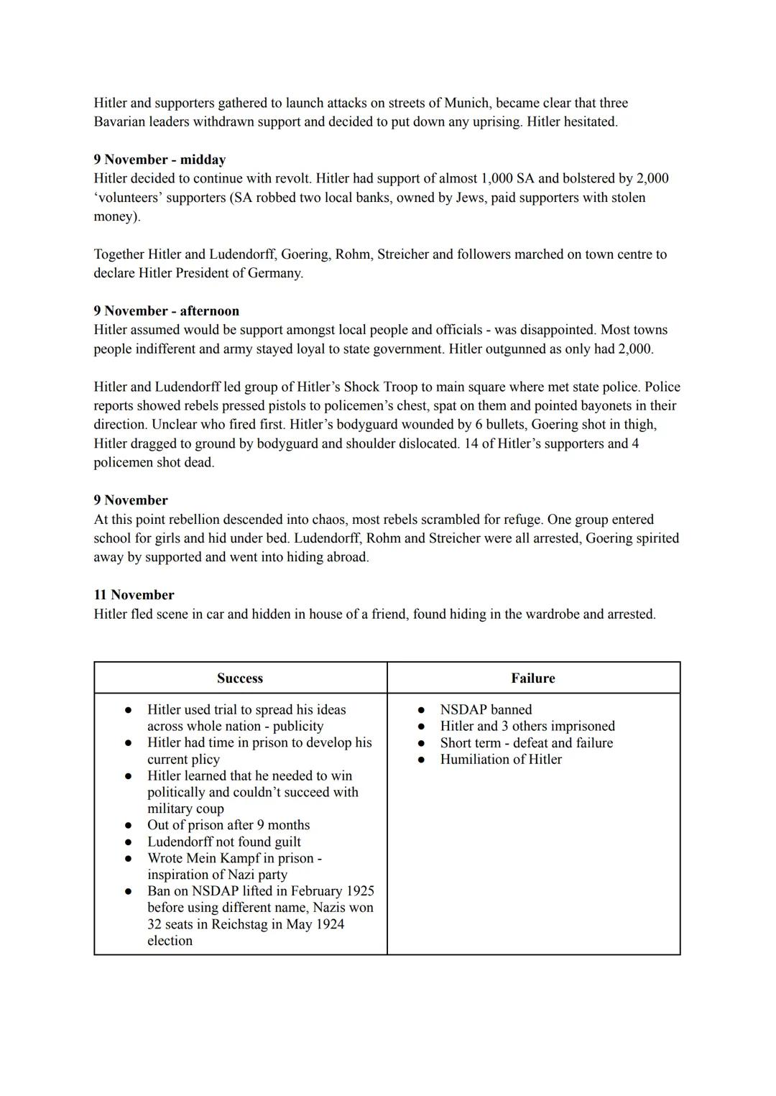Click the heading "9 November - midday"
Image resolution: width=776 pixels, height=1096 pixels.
point(160,160)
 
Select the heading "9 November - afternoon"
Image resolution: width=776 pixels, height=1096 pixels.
point(166,310)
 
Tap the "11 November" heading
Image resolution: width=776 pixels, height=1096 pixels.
point(134,594)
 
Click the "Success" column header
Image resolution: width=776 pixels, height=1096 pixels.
point(240,678)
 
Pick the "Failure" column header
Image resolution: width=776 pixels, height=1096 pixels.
point(533,678)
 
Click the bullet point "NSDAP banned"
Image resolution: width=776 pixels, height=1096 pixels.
point(486,709)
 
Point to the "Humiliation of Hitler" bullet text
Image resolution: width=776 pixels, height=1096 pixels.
point(501,759)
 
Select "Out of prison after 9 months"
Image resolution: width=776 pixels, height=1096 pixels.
point(228,824)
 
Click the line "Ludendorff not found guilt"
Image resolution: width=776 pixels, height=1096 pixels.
point(224,841)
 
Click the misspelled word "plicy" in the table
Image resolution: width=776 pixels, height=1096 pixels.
point(203,759)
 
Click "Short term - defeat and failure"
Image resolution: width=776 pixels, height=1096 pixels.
point(527,742)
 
